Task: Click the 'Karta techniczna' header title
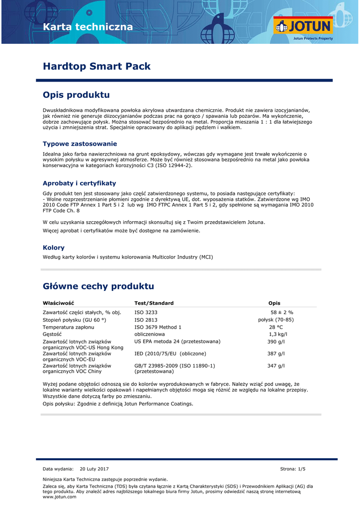pos(88,27)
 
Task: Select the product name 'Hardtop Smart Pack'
pos(96,66)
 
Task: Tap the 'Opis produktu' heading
pos(76,94)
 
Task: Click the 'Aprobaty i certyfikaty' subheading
pos(79,183)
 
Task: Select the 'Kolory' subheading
pos(54,248)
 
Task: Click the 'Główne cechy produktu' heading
pos(98,286)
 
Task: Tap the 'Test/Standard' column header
pos(154,303)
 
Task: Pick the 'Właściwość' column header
pos(58,303)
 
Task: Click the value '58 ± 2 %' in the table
pos(281,312)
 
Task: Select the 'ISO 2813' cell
pos(146,320)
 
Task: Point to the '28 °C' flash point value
pos(276,327)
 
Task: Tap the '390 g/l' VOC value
pos(276,342)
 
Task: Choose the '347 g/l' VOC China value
pos(276,366)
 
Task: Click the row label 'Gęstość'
pos(52,335)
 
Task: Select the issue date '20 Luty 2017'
pos(94,469)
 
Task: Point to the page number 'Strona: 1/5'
pos(293,469)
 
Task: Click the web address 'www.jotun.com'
pos(60,497)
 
